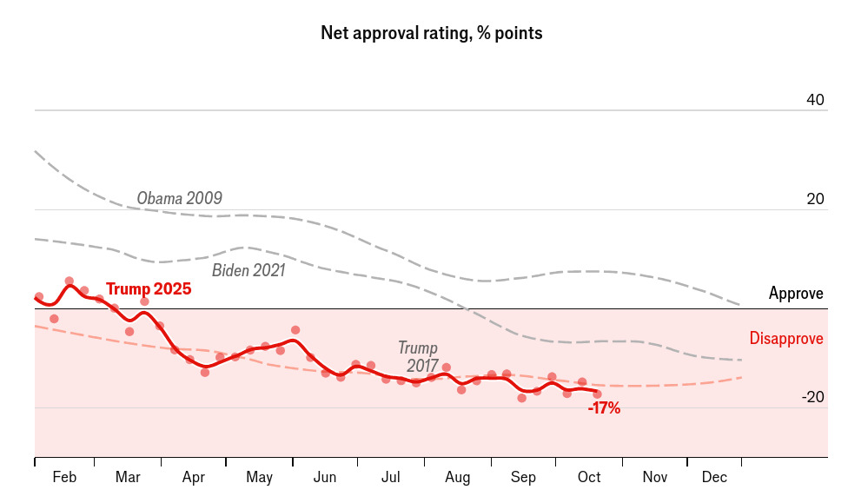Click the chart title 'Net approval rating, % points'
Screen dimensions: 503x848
[x=432, y=34]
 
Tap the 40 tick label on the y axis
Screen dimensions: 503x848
[x=815, y=100]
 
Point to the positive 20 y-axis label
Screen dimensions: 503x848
[x=815, y=199]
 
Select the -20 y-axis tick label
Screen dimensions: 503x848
[x=812, y=397]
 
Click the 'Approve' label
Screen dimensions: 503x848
[x=796, y=294]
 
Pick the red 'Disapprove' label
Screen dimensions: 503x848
[x=786, y=339]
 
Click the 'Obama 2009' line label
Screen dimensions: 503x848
[x=180, y=198]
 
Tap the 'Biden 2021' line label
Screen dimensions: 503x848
[x=248, y=270]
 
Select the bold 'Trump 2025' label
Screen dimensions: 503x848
[x=149, y=289]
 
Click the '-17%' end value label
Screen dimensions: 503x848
[x=604, y=407]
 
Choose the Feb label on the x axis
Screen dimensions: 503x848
[x=64, y=478]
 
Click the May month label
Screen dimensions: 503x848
[x=259, y=478]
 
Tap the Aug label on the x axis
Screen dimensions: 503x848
[x=457, y=478]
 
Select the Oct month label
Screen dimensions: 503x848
[x=589, y=478]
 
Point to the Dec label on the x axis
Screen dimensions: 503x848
[x=714, y=478]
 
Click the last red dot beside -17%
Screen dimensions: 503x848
[x=597, y=394]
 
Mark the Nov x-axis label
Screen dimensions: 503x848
[x=655, y=478]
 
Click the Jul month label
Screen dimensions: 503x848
[x=391, y=478]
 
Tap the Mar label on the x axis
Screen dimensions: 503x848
[x=128, y=478]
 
